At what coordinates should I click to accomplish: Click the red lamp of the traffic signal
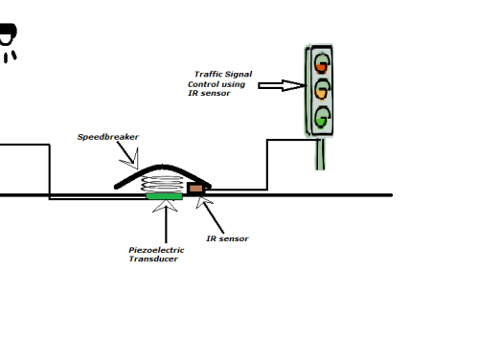[x=322, y=64]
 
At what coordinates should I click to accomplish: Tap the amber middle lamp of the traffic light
[x=322, y=90]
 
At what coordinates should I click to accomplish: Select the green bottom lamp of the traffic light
[x=322, y=118]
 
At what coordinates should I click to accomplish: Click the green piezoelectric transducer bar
[x=164, y=196]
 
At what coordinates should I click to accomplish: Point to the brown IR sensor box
[x=195, y=189]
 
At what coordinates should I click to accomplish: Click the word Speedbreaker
[x=108, y=137]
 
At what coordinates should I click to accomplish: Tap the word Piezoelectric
[x=156, y=250]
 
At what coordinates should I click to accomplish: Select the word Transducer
[x=153, y=259]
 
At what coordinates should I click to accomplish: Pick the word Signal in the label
[x=238, y=74]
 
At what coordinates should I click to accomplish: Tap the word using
[x=233, y=85]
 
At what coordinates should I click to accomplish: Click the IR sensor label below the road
[x=227, y=238]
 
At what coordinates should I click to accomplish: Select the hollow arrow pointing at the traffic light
[x=282, y=85]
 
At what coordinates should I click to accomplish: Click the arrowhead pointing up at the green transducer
[x=165, y=206]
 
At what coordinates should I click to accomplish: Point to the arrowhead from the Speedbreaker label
[x=131, y=161]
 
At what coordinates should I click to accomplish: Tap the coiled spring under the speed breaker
[x=163, y=184]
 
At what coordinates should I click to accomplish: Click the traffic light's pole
[x=320, y=154]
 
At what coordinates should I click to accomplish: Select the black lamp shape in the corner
[x=8, y=42]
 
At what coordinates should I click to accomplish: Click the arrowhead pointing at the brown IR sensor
[x=203, y=202]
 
